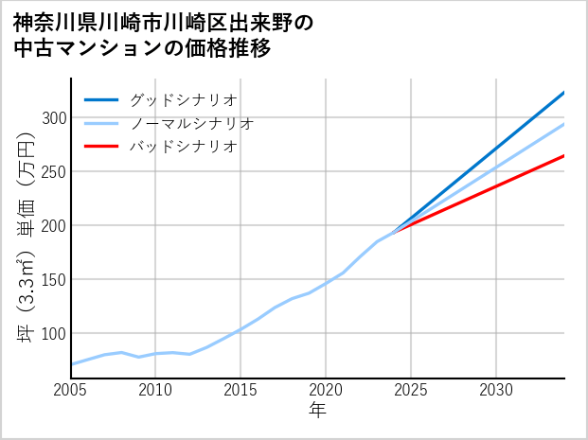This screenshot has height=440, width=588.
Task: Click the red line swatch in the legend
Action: pos(101,147)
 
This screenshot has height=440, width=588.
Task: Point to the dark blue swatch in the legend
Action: pos(101,99)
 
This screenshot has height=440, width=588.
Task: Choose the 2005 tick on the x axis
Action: pos(71,390)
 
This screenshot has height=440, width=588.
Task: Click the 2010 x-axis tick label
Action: pos(156,390)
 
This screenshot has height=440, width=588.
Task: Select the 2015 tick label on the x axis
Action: pos(241,390)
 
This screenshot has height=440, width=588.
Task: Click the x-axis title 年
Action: pos(318,411)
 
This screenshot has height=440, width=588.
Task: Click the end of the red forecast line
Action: pos(564,155)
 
